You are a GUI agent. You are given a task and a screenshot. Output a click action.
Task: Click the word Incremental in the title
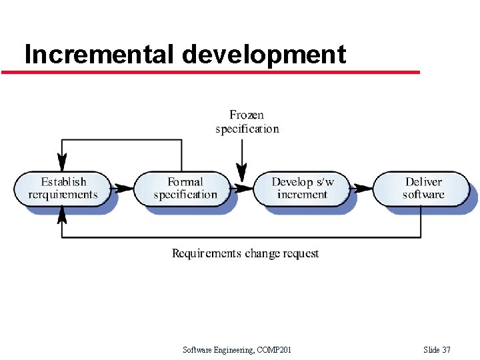tap(99, 54)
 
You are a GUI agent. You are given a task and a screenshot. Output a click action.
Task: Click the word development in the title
tap(263, 54)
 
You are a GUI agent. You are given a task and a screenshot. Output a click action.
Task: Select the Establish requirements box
tap(63, 189)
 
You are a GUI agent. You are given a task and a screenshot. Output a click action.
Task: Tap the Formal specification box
tap(185, 189)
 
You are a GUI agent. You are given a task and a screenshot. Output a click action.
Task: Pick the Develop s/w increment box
tap(302, 189)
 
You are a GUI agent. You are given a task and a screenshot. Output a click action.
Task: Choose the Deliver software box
tap(423, 189)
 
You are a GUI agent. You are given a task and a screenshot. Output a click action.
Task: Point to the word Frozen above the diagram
tap(247, 115)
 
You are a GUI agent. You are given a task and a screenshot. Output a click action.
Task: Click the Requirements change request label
tap(245, 253)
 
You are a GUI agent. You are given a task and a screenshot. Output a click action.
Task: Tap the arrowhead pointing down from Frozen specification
tap(243, 174)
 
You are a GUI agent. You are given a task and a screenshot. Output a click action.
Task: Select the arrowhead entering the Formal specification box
tap(125, 188)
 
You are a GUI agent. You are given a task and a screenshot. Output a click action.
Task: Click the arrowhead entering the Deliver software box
tap(364, 188)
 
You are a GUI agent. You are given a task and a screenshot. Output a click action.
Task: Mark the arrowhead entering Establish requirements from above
tap(63, 162)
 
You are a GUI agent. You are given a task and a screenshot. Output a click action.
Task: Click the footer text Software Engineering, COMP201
tap(237, 350)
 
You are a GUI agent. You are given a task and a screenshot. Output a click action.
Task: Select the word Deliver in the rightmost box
tap(423, 182)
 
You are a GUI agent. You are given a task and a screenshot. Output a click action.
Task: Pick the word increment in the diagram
tap(302, 195)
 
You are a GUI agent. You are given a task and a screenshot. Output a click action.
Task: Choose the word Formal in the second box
tap(185, 182)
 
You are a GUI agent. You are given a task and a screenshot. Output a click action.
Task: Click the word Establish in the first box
tap(63, 182)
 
